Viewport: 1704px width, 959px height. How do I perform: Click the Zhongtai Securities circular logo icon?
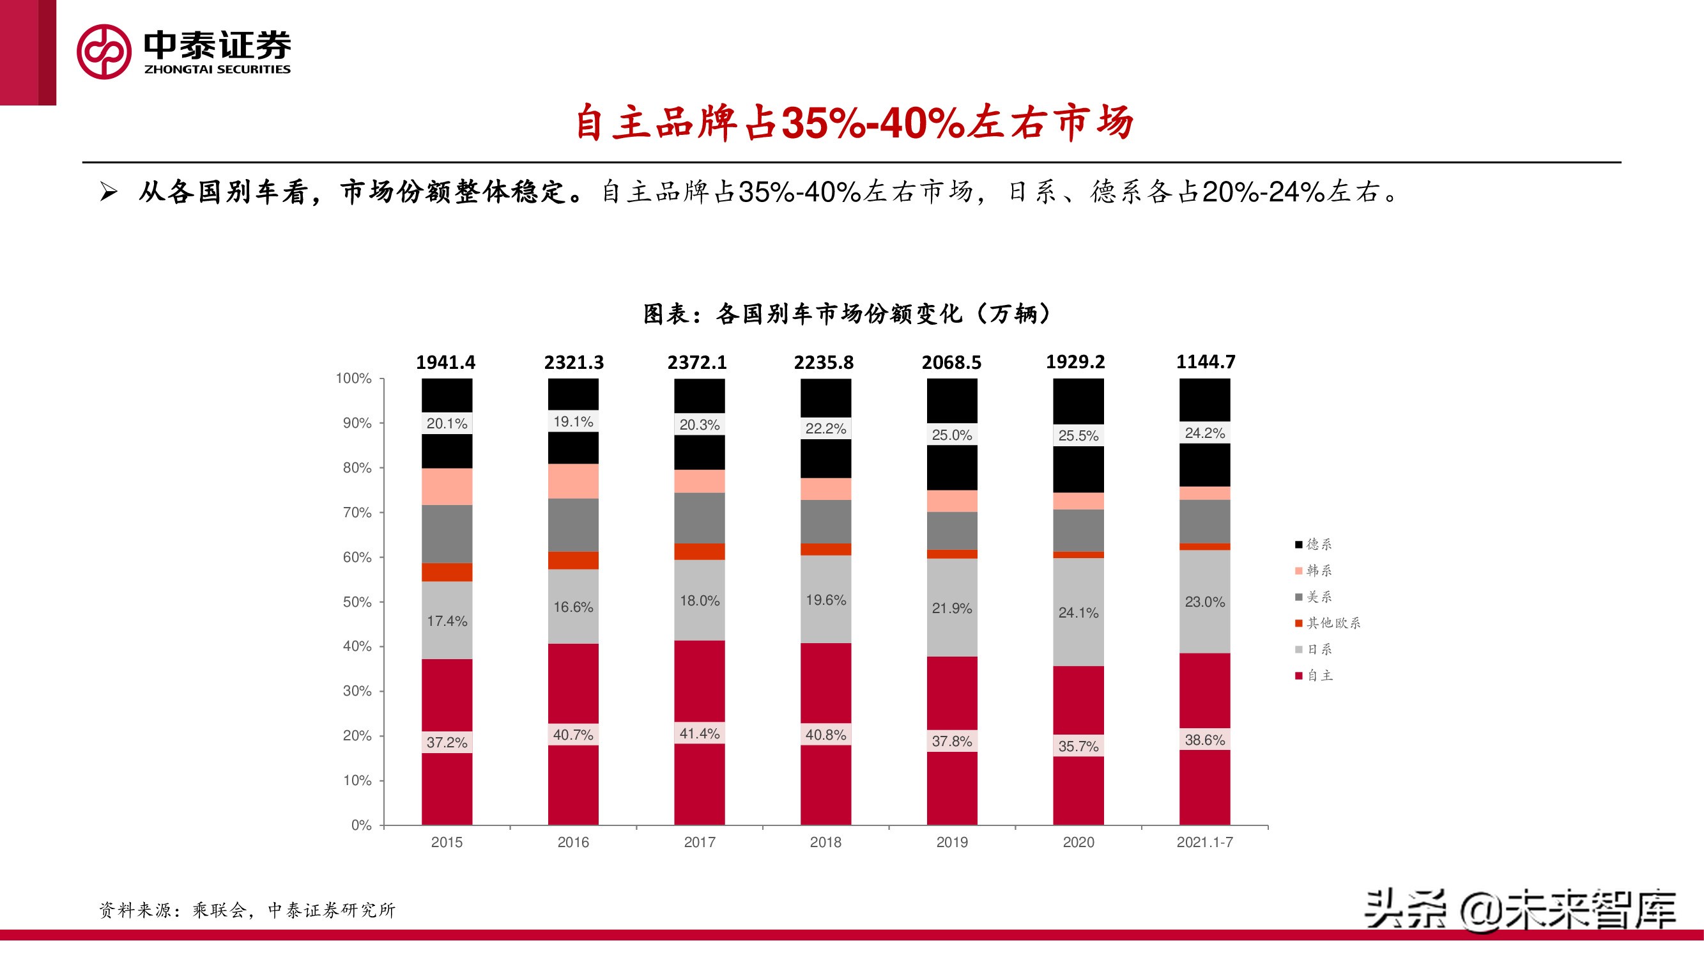pos(104,52)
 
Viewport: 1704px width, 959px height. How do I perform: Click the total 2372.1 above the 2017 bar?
pos(696,362)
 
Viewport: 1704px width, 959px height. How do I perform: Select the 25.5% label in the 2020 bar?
pos(1078,435)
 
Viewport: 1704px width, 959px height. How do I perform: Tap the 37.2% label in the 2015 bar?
pos(447,742)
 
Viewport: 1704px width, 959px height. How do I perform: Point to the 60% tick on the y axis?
pos(357,557)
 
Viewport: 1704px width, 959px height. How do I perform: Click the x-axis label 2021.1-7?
pos(1204,842)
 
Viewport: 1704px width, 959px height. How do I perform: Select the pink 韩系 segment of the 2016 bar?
pos(573,481)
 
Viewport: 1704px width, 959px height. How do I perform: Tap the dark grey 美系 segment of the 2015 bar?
pos(447,533)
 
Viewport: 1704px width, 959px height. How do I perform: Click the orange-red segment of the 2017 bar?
pos(699,551)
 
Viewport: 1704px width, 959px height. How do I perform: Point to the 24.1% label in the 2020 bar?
pos(1078,612)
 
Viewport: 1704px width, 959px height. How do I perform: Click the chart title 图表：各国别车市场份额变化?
pos(846,314)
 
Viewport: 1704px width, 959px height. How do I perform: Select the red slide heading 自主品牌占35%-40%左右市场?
pos(854,123)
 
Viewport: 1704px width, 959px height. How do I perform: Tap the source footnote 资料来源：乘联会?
pos(247,910)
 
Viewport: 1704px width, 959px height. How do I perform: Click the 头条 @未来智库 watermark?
pos(1519,909)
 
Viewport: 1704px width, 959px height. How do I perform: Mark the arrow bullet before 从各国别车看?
pos(109,192)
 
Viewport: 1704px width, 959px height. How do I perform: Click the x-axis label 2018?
pos(825,842)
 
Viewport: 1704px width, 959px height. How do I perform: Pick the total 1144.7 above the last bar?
pos(1204,361)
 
